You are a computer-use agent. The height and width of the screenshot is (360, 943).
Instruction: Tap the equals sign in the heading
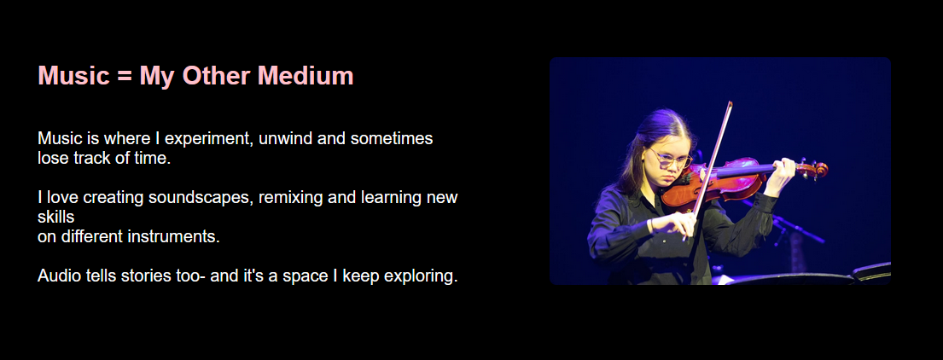[x=125, y=77]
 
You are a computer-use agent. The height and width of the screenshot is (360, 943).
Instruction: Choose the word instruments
[x=173, y=237]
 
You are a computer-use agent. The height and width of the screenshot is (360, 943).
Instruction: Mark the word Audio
[x=59, y=276]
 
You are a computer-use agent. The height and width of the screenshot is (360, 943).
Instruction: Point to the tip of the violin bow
[x=730, y=105]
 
